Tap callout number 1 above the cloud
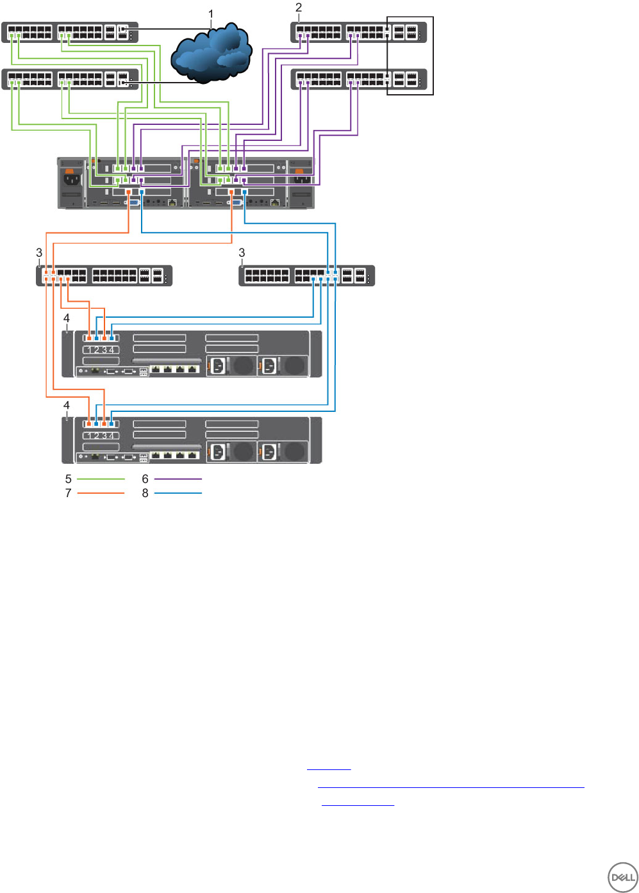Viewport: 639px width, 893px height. point(211,13)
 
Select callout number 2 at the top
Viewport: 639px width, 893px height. point(299,8)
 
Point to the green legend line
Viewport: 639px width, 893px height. point(101,479)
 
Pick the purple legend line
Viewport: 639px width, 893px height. point(178,479)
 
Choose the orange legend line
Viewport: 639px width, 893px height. point(101,493)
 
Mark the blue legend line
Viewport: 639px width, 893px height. point(178,493)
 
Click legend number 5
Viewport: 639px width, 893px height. point(68,479)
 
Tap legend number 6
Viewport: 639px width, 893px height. point(145,479)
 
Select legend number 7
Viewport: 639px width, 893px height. point(68,493)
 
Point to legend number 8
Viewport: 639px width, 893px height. point(145,493)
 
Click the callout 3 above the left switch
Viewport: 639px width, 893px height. point(39,253)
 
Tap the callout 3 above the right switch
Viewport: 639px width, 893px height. point(242,253)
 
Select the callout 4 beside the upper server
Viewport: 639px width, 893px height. point(67,318)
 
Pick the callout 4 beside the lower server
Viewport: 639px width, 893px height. point(67,406)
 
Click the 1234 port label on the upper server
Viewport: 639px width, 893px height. point(101,350)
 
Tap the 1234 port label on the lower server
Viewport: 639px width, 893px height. point(101,436)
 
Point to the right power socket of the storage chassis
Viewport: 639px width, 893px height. point(301,176)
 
